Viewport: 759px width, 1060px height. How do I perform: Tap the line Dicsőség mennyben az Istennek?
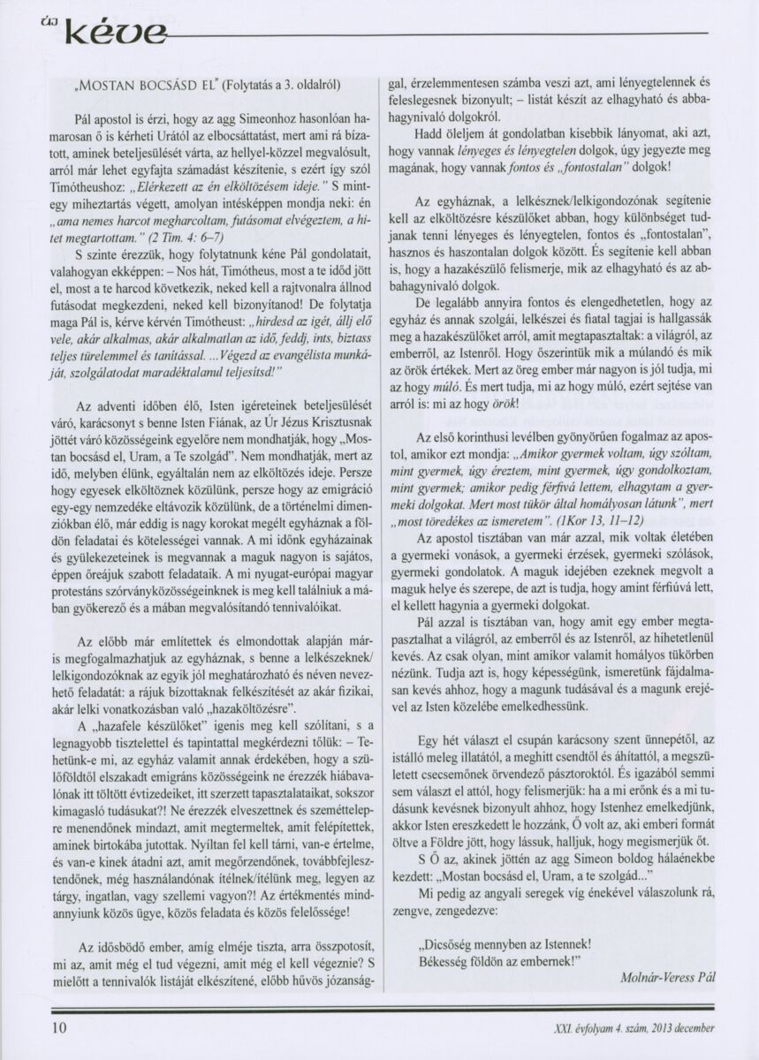click(x=505, y=942)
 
